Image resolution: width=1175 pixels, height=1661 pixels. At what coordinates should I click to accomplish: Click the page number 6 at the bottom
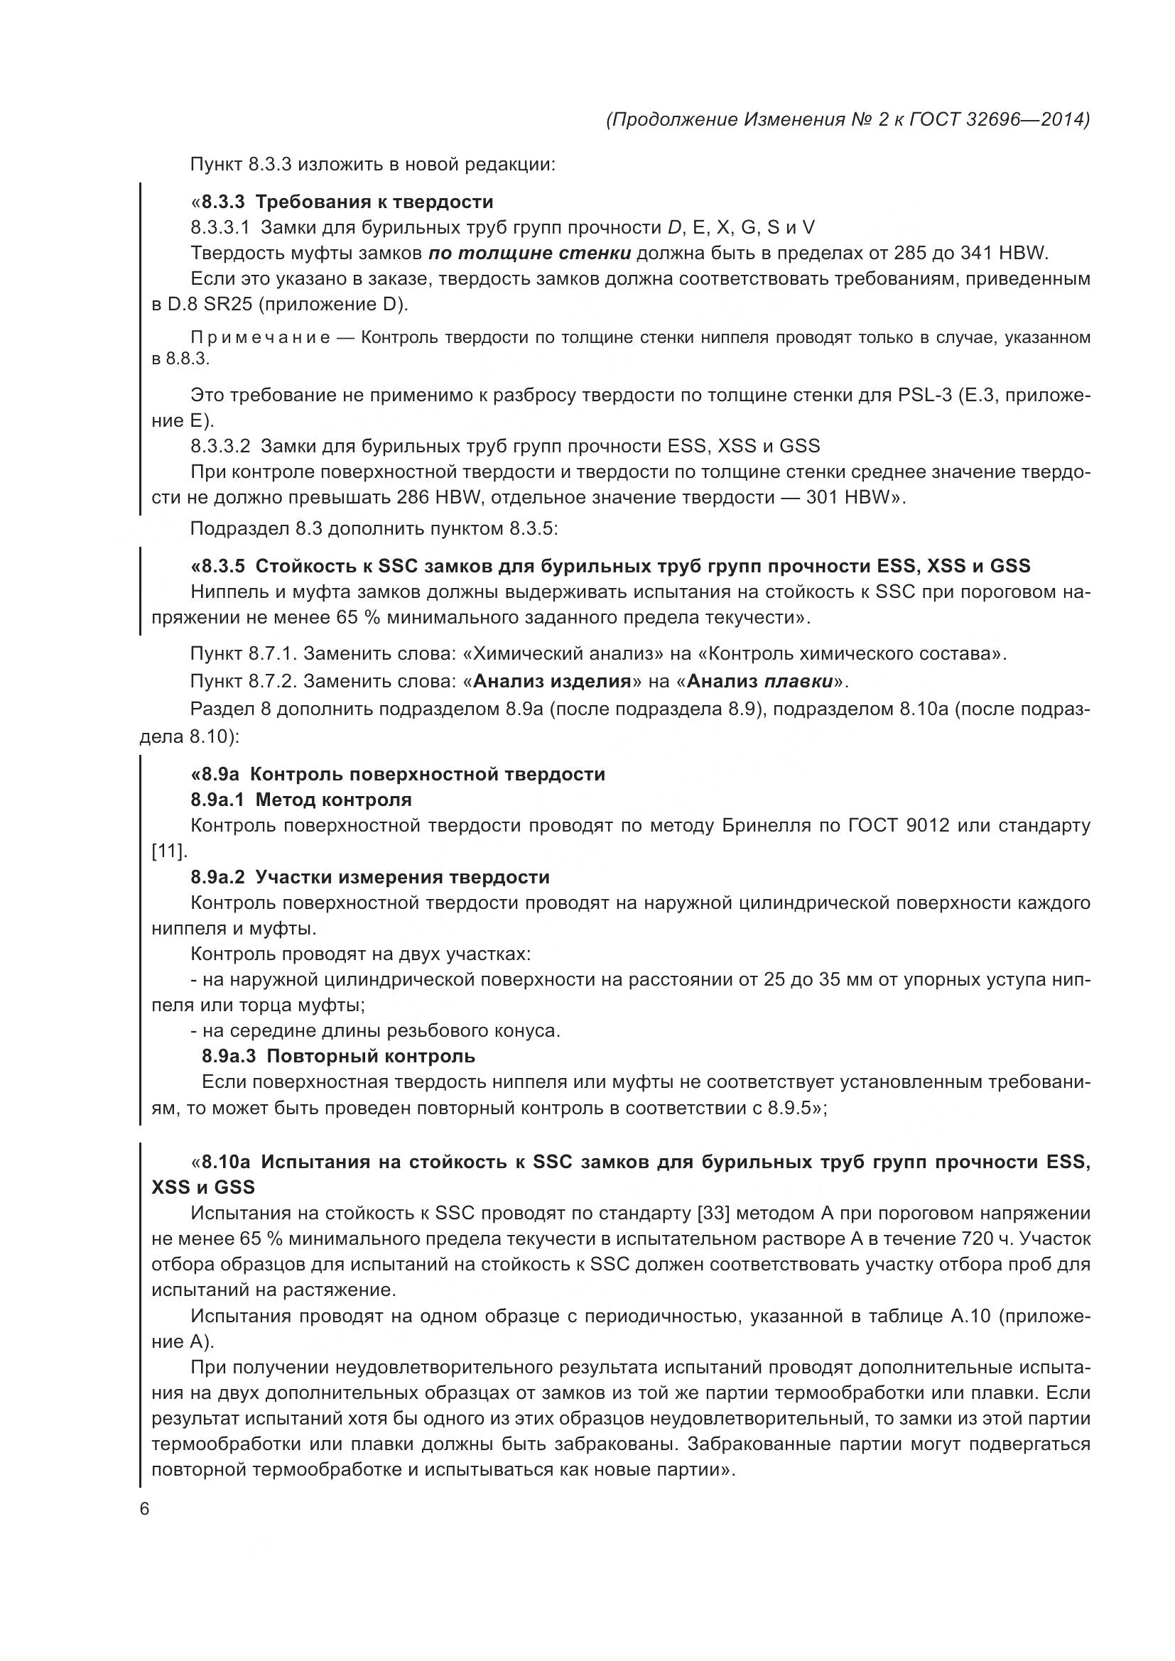pos(144,1509)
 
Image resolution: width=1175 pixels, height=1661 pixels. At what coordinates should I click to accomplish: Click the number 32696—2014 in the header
pos(1027,119)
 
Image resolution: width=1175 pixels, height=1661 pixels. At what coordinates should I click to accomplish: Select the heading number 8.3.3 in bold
pos(225,202)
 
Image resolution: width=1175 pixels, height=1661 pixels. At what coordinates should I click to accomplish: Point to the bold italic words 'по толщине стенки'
pos(530,254)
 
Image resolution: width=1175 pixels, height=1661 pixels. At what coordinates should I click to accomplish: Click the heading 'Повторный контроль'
pos(370,1056)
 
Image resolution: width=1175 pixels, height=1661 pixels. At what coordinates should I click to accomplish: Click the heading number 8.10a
pos(226,1162)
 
